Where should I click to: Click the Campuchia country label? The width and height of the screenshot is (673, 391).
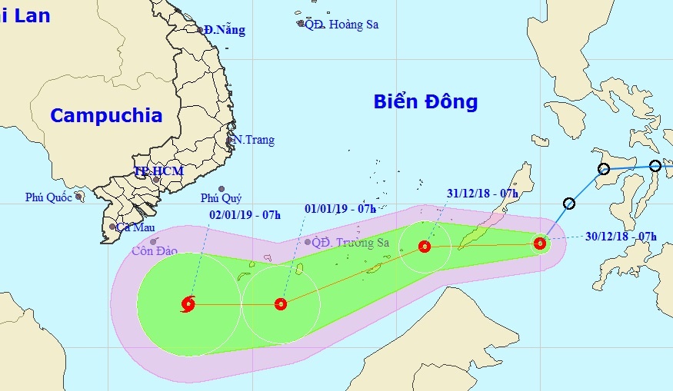click(x=107, y=116)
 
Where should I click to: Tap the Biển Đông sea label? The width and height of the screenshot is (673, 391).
click(x=426, y=101)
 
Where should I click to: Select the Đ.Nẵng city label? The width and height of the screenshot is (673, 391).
click(x=225, y=30)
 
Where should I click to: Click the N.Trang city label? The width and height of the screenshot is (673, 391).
click(x=254, y=141)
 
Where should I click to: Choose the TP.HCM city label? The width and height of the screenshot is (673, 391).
click(x=158, y=171)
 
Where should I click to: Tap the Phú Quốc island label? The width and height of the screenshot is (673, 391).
click(x=48, y=197)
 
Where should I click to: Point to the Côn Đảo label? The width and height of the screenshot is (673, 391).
click(x=155, y=250)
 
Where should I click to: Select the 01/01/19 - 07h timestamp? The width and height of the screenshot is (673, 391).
click(x=340, y=208)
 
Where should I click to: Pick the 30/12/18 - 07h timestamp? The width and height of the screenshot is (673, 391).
click(x=621, y=237)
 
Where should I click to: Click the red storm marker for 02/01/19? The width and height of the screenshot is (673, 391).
click(x=188, y=304)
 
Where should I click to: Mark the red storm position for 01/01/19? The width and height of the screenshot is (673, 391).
click(x=281, y=304)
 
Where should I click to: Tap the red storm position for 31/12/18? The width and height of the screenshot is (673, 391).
click(x=425, y=247)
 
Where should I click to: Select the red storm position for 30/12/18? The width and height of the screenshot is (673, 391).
click(x=540, y=244)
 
